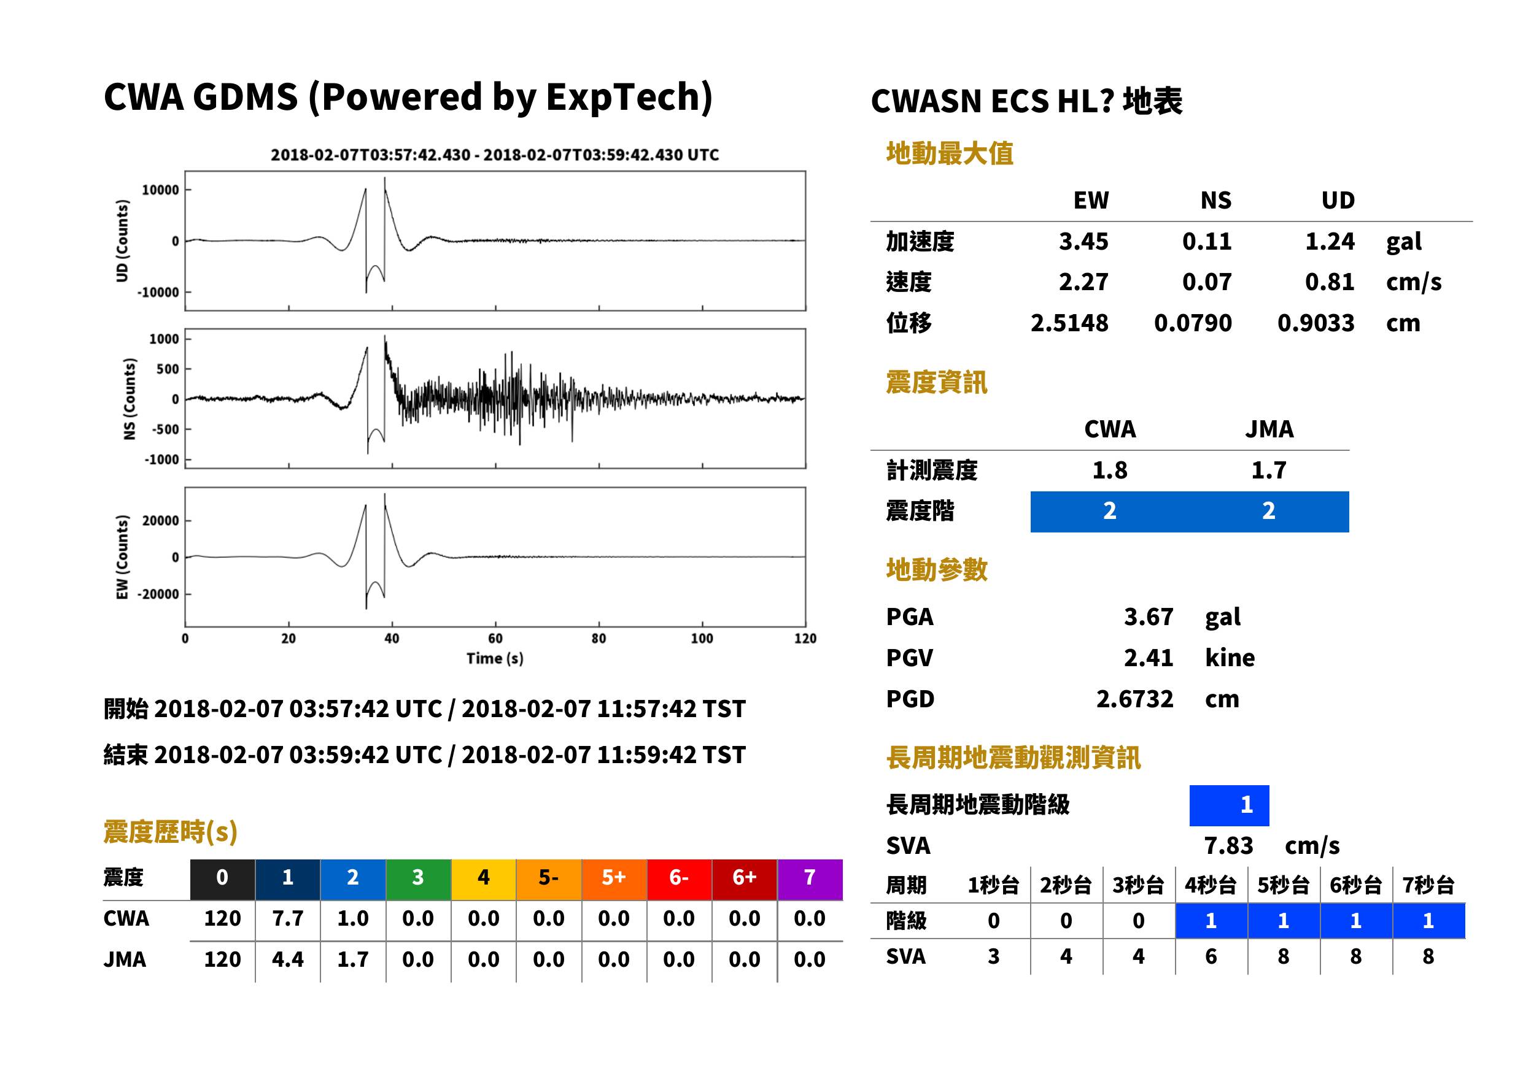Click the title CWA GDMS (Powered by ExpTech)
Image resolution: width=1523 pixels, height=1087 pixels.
(408, 98)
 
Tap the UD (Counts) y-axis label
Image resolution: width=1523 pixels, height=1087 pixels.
(122, 241)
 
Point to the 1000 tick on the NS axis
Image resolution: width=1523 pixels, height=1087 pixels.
(164, 339)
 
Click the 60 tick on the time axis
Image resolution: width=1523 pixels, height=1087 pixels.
(495, 639)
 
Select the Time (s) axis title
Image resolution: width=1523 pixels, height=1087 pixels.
(495, 659)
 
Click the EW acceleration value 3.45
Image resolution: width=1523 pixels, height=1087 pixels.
(1083, 242)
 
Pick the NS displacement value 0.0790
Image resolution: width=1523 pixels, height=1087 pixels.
(1192, 323)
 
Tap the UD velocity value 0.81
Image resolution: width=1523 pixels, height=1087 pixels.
(1330, 282)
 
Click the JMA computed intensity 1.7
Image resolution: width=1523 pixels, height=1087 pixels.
(1268, 471)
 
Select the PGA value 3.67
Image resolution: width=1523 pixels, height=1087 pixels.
(1148, 617)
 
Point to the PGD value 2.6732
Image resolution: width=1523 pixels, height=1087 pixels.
(1134, 699)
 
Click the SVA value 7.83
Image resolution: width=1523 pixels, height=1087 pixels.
(1228, 846)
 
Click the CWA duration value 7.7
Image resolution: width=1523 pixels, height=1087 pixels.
(288, 919)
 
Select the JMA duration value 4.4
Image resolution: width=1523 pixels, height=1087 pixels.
(288, 960)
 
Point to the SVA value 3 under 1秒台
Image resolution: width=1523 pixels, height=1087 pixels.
(993, 956)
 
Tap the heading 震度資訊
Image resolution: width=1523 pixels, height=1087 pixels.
(936, 383)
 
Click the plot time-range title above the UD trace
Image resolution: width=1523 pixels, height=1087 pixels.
(495, 155)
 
